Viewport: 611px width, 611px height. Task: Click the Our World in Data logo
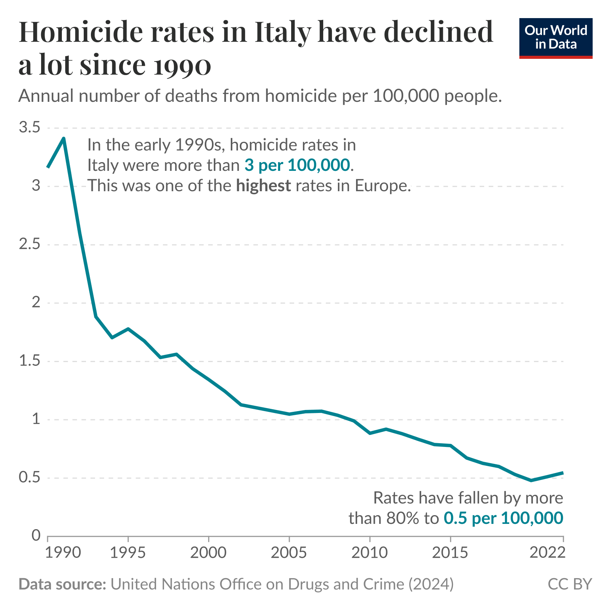coord(556,38)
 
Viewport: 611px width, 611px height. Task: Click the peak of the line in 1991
coord(64,138)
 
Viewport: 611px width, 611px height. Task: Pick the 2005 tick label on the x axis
coord(289,553)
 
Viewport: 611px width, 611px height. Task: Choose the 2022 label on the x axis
coord(547,553)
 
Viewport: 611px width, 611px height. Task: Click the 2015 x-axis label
coord(450,553)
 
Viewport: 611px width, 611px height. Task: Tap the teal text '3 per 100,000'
coord(297,165)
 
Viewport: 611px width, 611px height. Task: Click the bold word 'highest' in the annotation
coord(264,186)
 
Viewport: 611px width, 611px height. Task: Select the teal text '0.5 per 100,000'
coord(503,518)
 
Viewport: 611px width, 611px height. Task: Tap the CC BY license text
coord(570,584)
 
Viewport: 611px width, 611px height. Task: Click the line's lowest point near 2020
coord(531,481)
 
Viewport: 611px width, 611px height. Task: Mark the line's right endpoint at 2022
coord(563,473)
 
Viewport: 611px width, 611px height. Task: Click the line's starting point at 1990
coord(48,167)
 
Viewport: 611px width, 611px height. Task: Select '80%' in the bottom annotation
coord(402,518)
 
